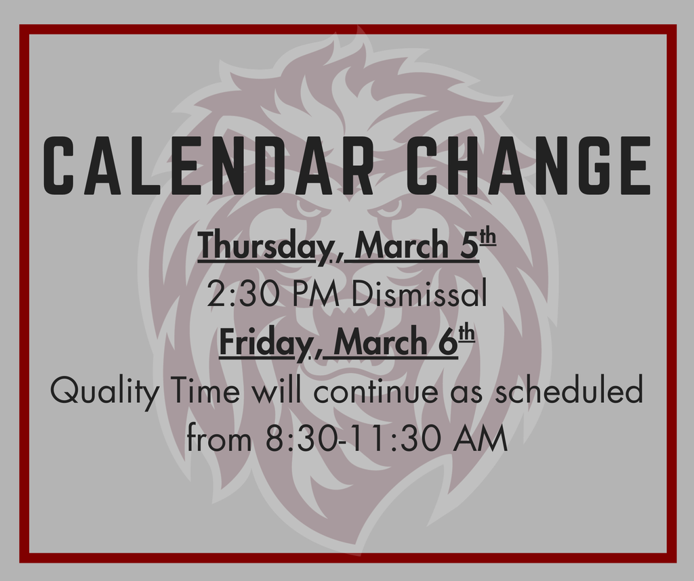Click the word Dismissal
tap(419, 295)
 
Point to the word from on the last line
tap(220, 440)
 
